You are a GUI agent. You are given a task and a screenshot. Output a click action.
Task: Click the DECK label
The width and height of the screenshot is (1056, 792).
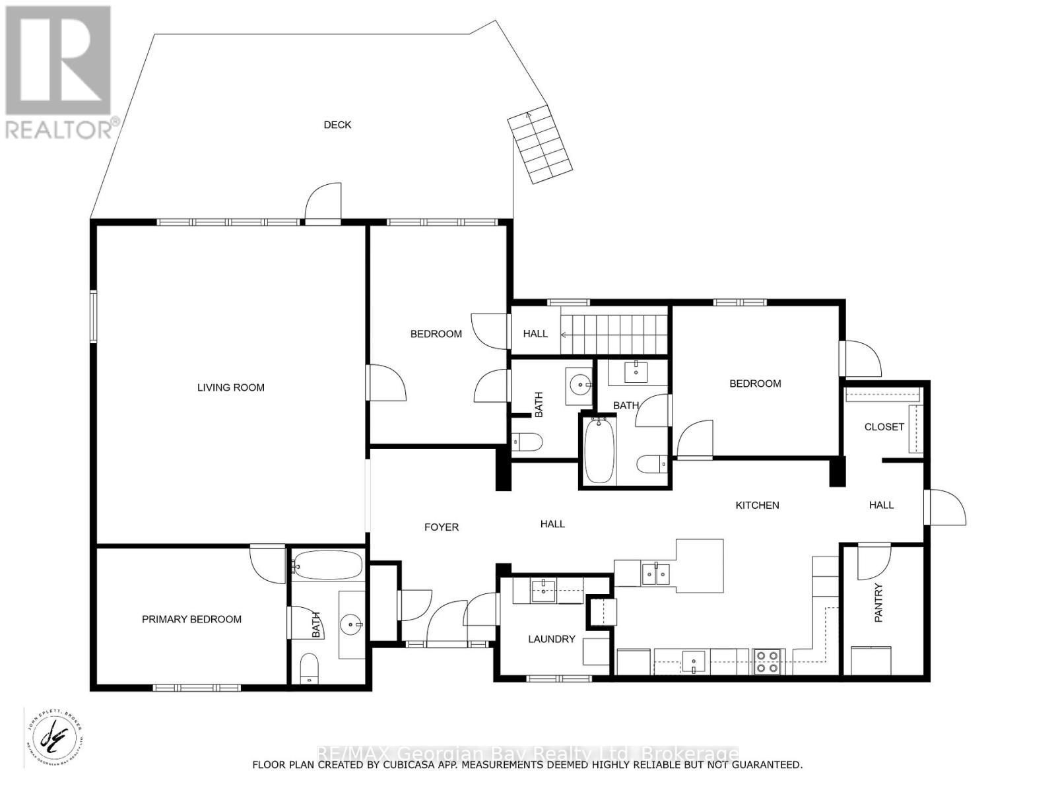(337, 125)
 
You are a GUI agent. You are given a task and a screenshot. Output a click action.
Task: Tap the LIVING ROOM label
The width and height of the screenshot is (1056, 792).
(231, 387)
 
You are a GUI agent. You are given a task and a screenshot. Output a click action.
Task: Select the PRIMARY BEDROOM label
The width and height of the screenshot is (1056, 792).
(191, 619)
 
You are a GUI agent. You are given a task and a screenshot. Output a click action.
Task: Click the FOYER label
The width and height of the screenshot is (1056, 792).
(441, 527)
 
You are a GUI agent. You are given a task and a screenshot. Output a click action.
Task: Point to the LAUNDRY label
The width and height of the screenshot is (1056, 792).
(551, 639)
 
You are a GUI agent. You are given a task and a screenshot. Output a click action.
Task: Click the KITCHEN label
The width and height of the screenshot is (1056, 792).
(757, 505)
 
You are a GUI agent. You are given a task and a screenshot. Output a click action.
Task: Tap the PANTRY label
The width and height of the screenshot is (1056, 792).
(878, 603)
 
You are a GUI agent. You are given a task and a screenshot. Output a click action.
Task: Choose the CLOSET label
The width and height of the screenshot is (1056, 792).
(884, 427)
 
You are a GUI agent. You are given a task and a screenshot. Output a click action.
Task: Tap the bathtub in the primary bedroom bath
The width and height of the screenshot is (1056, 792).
(328, 566)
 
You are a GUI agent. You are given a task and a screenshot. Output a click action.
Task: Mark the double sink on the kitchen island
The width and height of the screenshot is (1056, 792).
(656, 574)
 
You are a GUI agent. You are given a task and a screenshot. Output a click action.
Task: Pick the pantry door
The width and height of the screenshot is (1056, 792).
(873, 561)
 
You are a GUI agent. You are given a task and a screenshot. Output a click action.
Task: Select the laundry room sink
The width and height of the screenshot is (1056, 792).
(544, 589)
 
